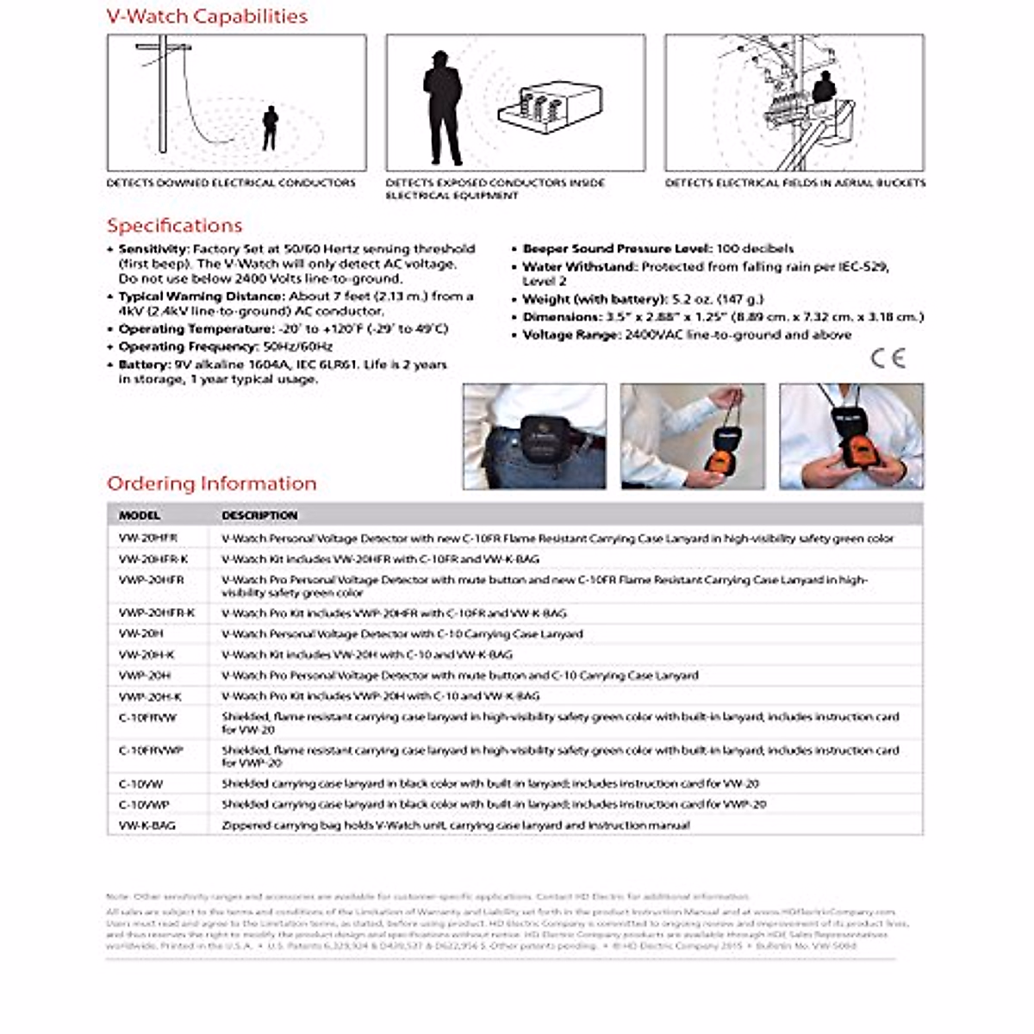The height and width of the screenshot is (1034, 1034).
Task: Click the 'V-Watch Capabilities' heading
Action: (207, 16)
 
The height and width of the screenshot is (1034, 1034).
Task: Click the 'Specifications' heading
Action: (174, 226)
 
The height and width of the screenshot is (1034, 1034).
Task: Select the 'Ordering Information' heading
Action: (211, 483)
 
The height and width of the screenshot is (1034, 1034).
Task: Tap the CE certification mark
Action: (888, 358)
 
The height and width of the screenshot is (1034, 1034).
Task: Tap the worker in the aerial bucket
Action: (825, 88)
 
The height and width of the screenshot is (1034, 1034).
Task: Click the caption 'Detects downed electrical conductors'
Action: (231, 183)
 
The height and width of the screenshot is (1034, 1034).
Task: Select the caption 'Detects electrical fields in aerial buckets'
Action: (794, 183)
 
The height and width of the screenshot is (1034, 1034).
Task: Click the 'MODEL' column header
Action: (140, 515)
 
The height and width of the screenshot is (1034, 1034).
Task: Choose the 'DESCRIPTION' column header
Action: (259, 515)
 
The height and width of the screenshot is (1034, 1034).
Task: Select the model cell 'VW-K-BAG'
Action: (147, 825)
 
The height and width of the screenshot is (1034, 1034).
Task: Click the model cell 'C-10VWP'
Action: (144, 805)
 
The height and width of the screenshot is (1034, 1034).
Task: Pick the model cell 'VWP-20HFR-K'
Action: (157, 614)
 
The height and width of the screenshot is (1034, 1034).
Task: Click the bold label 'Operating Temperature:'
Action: (196, 329)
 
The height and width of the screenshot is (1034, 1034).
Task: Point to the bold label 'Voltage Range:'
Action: (572, 335)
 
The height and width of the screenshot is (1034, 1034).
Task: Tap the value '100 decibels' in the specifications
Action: (755, 249)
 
